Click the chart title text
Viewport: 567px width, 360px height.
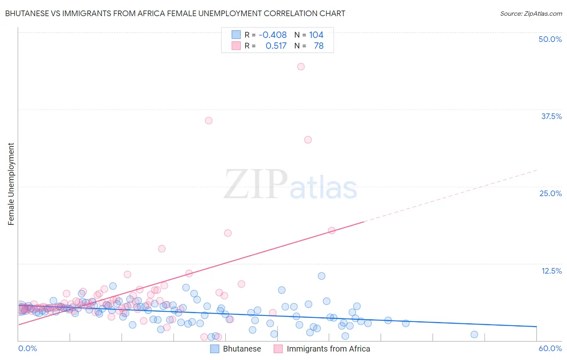tap(175, 13)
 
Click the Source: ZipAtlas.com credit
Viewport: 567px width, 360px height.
tap(531, 13)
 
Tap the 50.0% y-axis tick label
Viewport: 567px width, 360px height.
tap(550, 39)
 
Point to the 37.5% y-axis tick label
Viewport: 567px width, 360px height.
tap(551, 116)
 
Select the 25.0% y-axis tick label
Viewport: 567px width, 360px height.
tap(550, 193)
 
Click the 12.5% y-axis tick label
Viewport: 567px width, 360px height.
tap(551, 271)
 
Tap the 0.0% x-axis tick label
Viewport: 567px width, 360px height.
tap(27, 348)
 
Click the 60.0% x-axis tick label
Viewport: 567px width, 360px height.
tap(550, 348)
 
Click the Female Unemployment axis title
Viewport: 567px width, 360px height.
tap(11, 184)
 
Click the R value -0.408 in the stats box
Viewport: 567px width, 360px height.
tap(273, 35)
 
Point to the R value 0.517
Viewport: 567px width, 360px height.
tap(276, 46)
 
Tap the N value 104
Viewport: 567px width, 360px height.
tap(316, 35)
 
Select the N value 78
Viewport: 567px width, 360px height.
tap(319, 46)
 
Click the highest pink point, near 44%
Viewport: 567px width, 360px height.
tap(301, 67)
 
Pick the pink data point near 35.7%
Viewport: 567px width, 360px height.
tap(208, 120)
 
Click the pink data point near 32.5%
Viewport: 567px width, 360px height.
tap(308, 140)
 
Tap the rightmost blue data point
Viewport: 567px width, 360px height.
tap(474, 334)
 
